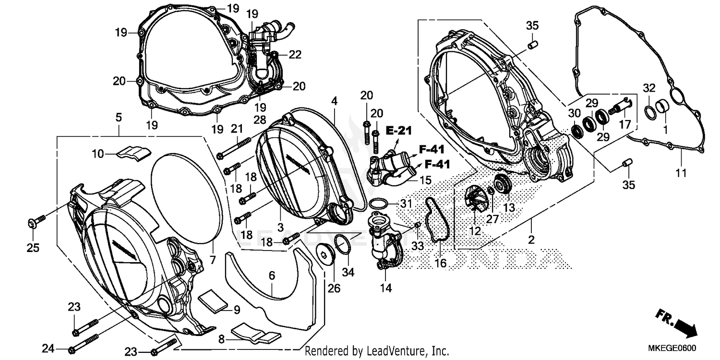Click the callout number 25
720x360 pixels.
(x=33, y=248)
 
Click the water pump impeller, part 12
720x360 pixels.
(x=475, y=199)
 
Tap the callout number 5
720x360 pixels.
(x=118, y=117)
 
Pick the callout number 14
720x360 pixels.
(x=386, y=288)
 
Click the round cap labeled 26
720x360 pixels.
(x=326, y=253)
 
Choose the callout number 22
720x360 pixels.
(x=295, y=55)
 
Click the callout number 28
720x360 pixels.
(x=260, y=105)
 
